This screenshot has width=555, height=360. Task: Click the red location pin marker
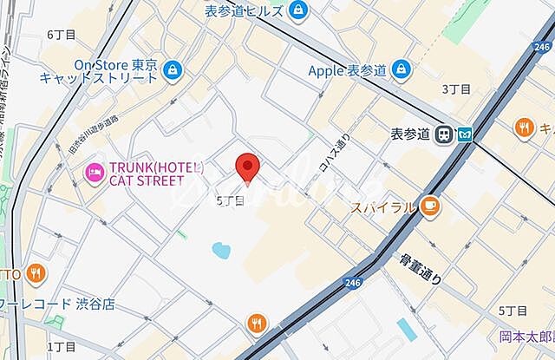[x=248, y=167]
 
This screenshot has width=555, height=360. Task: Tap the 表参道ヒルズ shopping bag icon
[x=299, y=10]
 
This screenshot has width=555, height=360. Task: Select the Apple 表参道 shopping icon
[x=401, y=69]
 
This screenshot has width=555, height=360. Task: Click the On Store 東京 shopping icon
[x=173, y=69]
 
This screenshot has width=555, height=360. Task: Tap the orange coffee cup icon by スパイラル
[x=430, y=206]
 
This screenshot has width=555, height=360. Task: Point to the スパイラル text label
[x=382, y=207]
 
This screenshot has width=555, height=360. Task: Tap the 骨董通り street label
[x=421, y=268]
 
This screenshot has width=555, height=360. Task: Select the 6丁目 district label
[x=62, y=34]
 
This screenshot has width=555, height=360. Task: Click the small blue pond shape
[x=220, y=252]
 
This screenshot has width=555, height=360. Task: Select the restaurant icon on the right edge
[x=524, y=128]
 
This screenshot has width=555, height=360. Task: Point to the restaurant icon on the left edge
[x=35, y=274]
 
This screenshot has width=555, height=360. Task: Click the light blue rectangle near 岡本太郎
[x=406, y=329]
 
